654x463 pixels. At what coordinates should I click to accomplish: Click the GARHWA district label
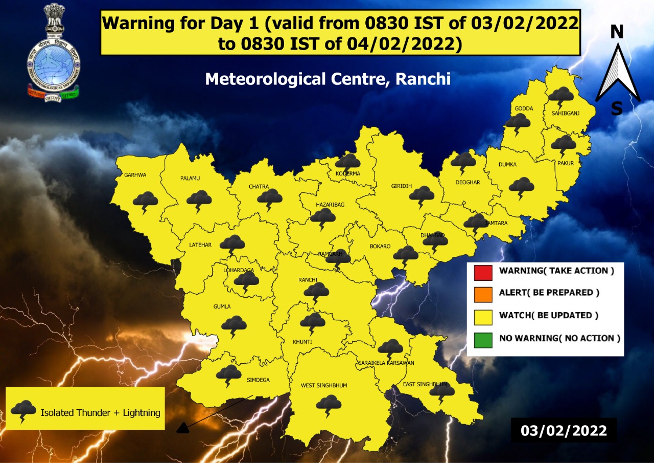point(135,175)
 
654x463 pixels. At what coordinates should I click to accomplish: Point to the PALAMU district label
point(190,178)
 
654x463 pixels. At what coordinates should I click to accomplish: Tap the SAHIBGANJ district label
point(565,114)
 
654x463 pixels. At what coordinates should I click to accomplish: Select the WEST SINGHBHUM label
point(324,385)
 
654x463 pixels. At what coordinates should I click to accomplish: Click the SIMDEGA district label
point(259,380)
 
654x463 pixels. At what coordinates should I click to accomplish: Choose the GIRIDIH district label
point(401,186)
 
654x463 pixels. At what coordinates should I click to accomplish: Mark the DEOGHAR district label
point(468,182)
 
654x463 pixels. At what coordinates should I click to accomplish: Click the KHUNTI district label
point(301,341)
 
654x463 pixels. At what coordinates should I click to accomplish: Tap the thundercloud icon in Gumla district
point(234,325)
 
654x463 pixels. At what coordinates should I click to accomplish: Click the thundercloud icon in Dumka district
point(522,187)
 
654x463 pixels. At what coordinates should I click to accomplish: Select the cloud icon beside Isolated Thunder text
point(24,411)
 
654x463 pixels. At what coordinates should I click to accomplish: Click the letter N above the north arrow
point(617,32)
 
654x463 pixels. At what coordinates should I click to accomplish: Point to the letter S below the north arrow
point(617,109)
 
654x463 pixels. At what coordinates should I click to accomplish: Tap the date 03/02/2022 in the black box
point(564,430)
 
